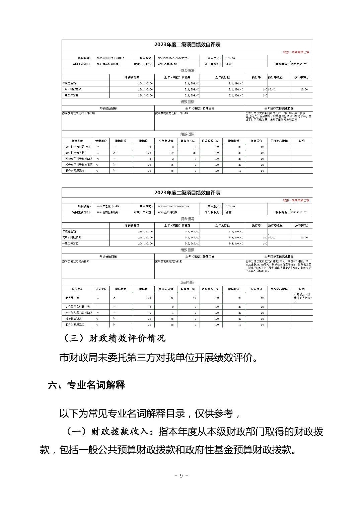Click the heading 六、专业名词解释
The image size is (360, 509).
pos(86,385)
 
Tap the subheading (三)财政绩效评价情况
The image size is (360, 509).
pos(114,338)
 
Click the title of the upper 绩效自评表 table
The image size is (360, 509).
pos(187,45)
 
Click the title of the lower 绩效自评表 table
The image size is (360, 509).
pos(187,193)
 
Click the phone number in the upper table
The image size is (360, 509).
pos(298,64)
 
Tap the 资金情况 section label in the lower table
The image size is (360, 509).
pos(187,219)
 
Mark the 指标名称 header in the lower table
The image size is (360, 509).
pos(77,289)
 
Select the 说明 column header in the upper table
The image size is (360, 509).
pos(301,141)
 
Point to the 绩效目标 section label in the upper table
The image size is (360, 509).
pos(187,102)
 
